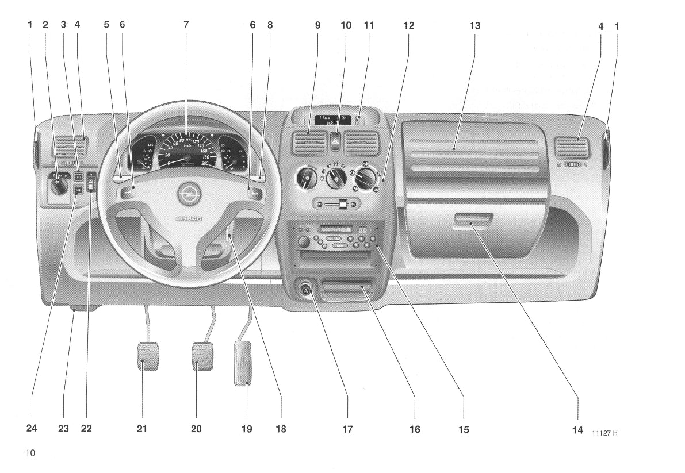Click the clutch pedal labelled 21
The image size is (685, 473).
click(x=148, y=356)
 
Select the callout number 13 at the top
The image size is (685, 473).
click(x=474, y=26)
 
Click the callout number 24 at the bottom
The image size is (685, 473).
click(x=31, y=428)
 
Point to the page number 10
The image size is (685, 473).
click(x=30, y=453)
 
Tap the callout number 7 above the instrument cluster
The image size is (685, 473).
click(x=186, y=26)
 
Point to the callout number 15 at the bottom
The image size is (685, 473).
click(x=463, y=429)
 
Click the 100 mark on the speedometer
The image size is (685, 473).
click(x=188, y=140)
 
